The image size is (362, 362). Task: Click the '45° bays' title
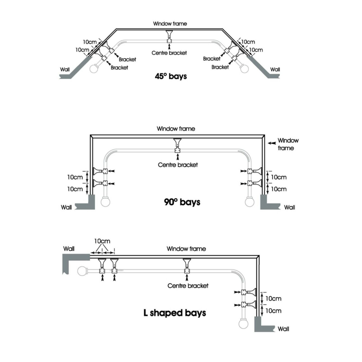pyautogui.click(x=171, y=76)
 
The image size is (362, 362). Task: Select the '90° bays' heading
pyautogui.click(x=182, y=202)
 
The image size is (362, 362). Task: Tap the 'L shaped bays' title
pyautogui.click(x=175, y=313)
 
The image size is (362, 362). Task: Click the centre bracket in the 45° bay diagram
pyautogui.click(x=170, y=37)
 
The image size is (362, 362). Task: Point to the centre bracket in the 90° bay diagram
pyautogui.click(x=177, y=146)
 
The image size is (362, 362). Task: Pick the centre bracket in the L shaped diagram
pyautogui.click(x=187, y=266)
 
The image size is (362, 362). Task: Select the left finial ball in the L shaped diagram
pyautogui.click(x=82, y=271)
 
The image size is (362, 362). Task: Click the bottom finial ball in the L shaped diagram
pyautogui.click(x=243, y=324)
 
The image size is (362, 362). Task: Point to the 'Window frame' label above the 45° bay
pyautogui.click(x=170, y=23)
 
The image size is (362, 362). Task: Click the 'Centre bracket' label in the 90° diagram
pyautogui.click(x=178, y=165)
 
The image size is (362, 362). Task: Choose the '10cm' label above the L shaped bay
pyautogui.click(x=102, y=241)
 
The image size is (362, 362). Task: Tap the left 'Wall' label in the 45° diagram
pyautogui.click(x=65, y=69)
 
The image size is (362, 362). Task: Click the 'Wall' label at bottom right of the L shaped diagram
pyautogui.click(x=283, y=329)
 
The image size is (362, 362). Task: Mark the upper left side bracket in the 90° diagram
pyautogui.click(x=100, y=171)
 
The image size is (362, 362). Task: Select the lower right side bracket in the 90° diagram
pyautogui.click(x=255, y=183)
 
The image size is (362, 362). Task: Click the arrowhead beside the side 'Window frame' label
pyautogui.click(x=272, y=143)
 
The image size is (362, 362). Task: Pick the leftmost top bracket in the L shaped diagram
pyautogui.click(x=102, y=266)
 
